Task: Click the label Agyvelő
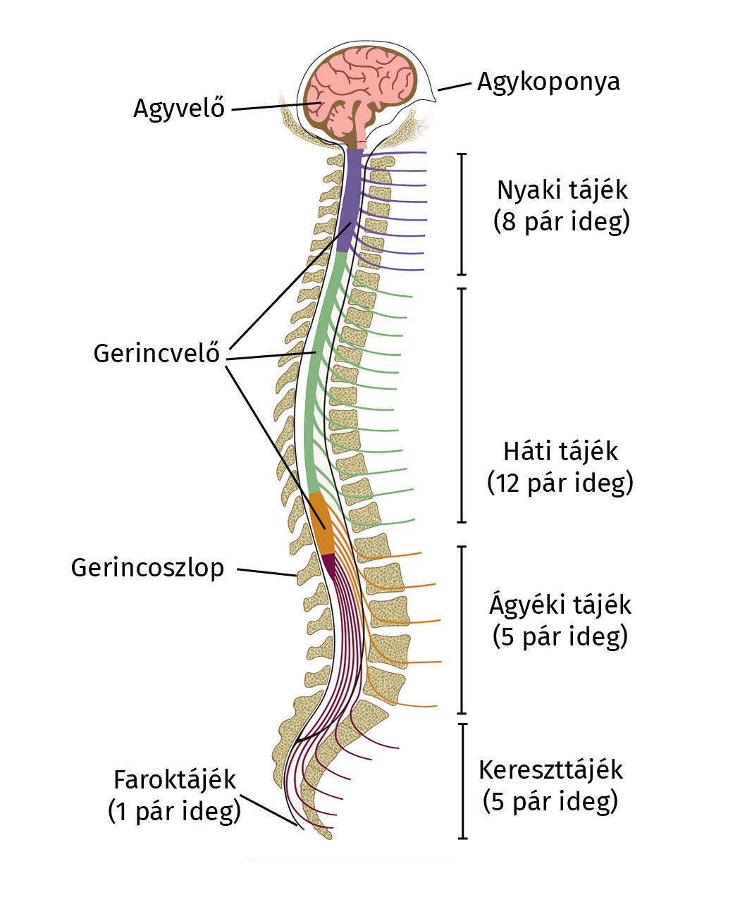179,108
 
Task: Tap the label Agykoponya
548,81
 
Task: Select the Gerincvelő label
156,353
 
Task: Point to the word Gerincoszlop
147,567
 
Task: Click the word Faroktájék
175,780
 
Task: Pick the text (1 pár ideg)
174,811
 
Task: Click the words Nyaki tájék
562,190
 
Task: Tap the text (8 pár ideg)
561,221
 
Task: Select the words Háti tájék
560,451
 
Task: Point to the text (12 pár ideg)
560,483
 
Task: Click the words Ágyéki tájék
560,605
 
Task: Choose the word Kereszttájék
550,769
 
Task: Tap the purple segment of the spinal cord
349,201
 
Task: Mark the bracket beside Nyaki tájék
462,214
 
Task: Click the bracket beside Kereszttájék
463,781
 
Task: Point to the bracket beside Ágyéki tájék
462,629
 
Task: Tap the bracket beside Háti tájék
462,405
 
